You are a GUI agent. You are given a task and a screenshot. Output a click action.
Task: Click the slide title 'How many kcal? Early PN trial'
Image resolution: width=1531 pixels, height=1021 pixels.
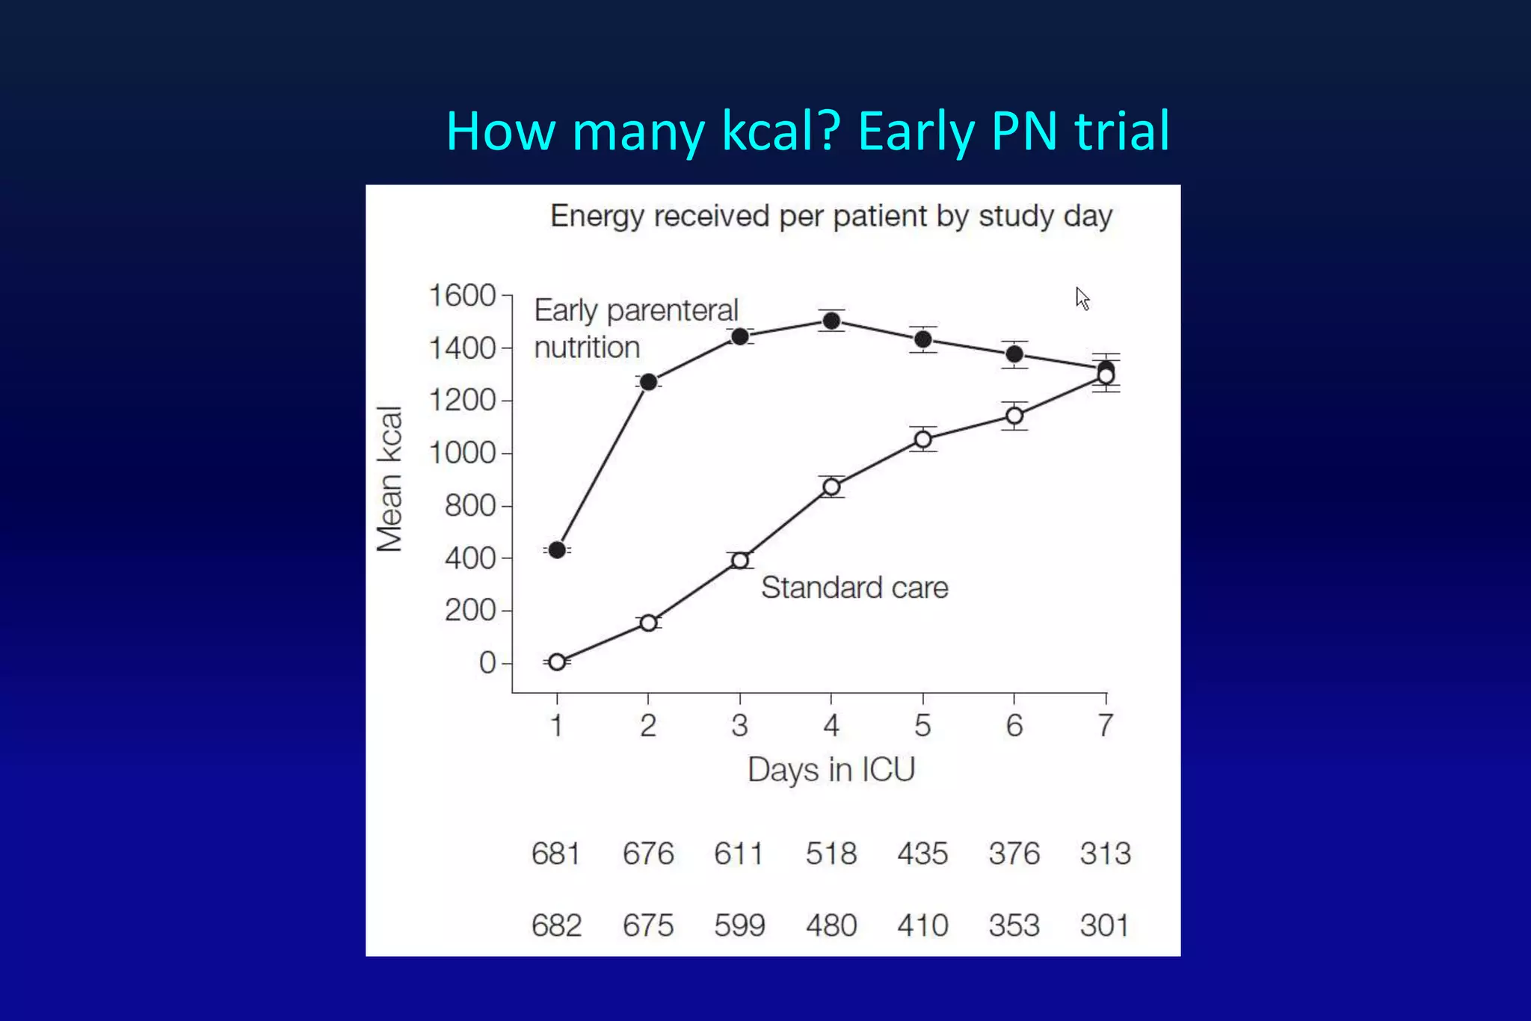tap(807, 132)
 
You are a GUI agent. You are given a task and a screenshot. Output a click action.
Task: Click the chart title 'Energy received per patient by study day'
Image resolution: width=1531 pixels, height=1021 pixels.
tap(831, 216)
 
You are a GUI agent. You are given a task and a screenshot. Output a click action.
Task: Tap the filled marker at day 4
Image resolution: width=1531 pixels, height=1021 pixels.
tap(831, 321)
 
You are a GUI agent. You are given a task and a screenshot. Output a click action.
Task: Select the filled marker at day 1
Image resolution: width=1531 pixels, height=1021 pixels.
tap(557, 550)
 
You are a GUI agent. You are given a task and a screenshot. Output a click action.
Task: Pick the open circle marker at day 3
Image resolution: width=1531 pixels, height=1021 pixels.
tap(740, 561)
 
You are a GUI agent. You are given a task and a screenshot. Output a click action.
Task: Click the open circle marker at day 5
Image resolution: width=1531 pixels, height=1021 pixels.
tap(923, 439)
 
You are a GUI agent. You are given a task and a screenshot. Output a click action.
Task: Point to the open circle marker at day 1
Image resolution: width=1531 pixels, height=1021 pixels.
tap(557, 662)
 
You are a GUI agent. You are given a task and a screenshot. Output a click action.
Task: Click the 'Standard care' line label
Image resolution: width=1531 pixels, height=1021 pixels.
tap(854, 588)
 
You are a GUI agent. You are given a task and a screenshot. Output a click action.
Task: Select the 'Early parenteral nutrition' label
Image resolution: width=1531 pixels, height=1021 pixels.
tap(635, 329)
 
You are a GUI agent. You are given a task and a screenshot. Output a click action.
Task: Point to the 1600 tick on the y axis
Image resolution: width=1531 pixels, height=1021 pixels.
tap(462, 296)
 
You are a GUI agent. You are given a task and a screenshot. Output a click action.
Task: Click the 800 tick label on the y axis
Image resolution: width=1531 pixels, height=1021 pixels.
tap(469, 506)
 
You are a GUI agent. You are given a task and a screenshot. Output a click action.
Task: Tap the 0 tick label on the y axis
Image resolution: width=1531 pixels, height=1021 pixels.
tap(487, 663)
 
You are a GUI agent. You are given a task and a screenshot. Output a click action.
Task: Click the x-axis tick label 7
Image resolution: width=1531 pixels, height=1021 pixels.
tap(1106, 726)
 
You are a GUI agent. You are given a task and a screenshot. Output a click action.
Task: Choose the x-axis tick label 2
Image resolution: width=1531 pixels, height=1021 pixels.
tap(648, 726)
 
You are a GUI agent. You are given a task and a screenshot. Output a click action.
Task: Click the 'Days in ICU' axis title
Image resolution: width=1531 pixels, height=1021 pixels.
tap(831, 770)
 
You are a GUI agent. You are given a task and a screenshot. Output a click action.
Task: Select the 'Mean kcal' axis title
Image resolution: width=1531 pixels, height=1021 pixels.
tap(390, 479)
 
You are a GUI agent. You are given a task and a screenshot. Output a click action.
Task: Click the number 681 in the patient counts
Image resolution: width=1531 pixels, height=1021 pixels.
tap(555, 854)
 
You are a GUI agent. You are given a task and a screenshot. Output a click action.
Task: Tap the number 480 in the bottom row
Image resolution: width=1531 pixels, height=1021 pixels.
tap(831, 925)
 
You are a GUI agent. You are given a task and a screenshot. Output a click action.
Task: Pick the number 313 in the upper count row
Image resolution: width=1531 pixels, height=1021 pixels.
tap(1106, 854)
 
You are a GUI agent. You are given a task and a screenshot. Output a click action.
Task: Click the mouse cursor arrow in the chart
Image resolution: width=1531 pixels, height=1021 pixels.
tap(1082, 298)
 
